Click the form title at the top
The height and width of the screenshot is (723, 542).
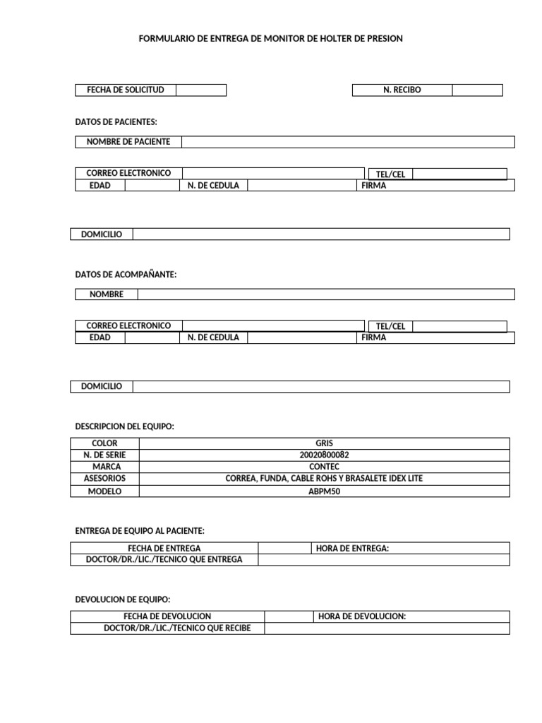(x=271, y=39)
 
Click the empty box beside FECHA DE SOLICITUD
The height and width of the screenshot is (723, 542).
(x=201, y=90)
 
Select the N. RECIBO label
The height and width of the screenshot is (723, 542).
(x=402, y=90)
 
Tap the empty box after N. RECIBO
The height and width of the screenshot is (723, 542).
(x=477, y=90)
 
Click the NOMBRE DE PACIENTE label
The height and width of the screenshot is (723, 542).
(x=128, y=142)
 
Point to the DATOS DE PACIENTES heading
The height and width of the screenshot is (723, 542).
(x=116, y=122)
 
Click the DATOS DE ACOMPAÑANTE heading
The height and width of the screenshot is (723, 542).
(x=126, y=275)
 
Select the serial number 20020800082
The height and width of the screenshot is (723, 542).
(x=324, y=455)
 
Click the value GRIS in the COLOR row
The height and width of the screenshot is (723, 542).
(x=324, y=443)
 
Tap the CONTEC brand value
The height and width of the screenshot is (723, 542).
(x=324, y=467)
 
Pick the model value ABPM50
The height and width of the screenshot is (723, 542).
(x=324, y=491)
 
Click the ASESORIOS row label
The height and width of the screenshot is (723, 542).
(x=105, y=479)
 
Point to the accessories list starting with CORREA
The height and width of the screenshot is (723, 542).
(x=324, y=479)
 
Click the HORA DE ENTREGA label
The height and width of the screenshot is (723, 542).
(x=353, y=548)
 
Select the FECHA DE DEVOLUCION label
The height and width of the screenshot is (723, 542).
(x=167, y=616)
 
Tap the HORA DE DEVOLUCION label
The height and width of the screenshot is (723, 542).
(x=362, y=616)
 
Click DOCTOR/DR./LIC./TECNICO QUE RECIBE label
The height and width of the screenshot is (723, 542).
(x=167, y=628)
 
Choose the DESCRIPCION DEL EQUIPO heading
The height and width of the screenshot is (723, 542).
(x=124, y=426)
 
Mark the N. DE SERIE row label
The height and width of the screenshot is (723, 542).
(x=105, y=455)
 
